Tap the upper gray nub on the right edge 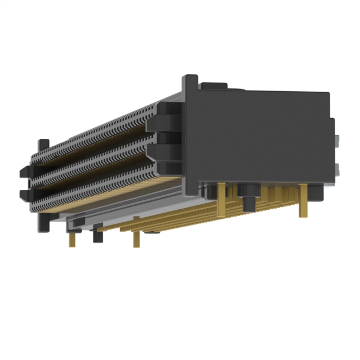click(337, 141)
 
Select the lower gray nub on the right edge click(337, 169)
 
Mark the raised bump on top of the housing click(214, 86)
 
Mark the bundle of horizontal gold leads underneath click(186, 217)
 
